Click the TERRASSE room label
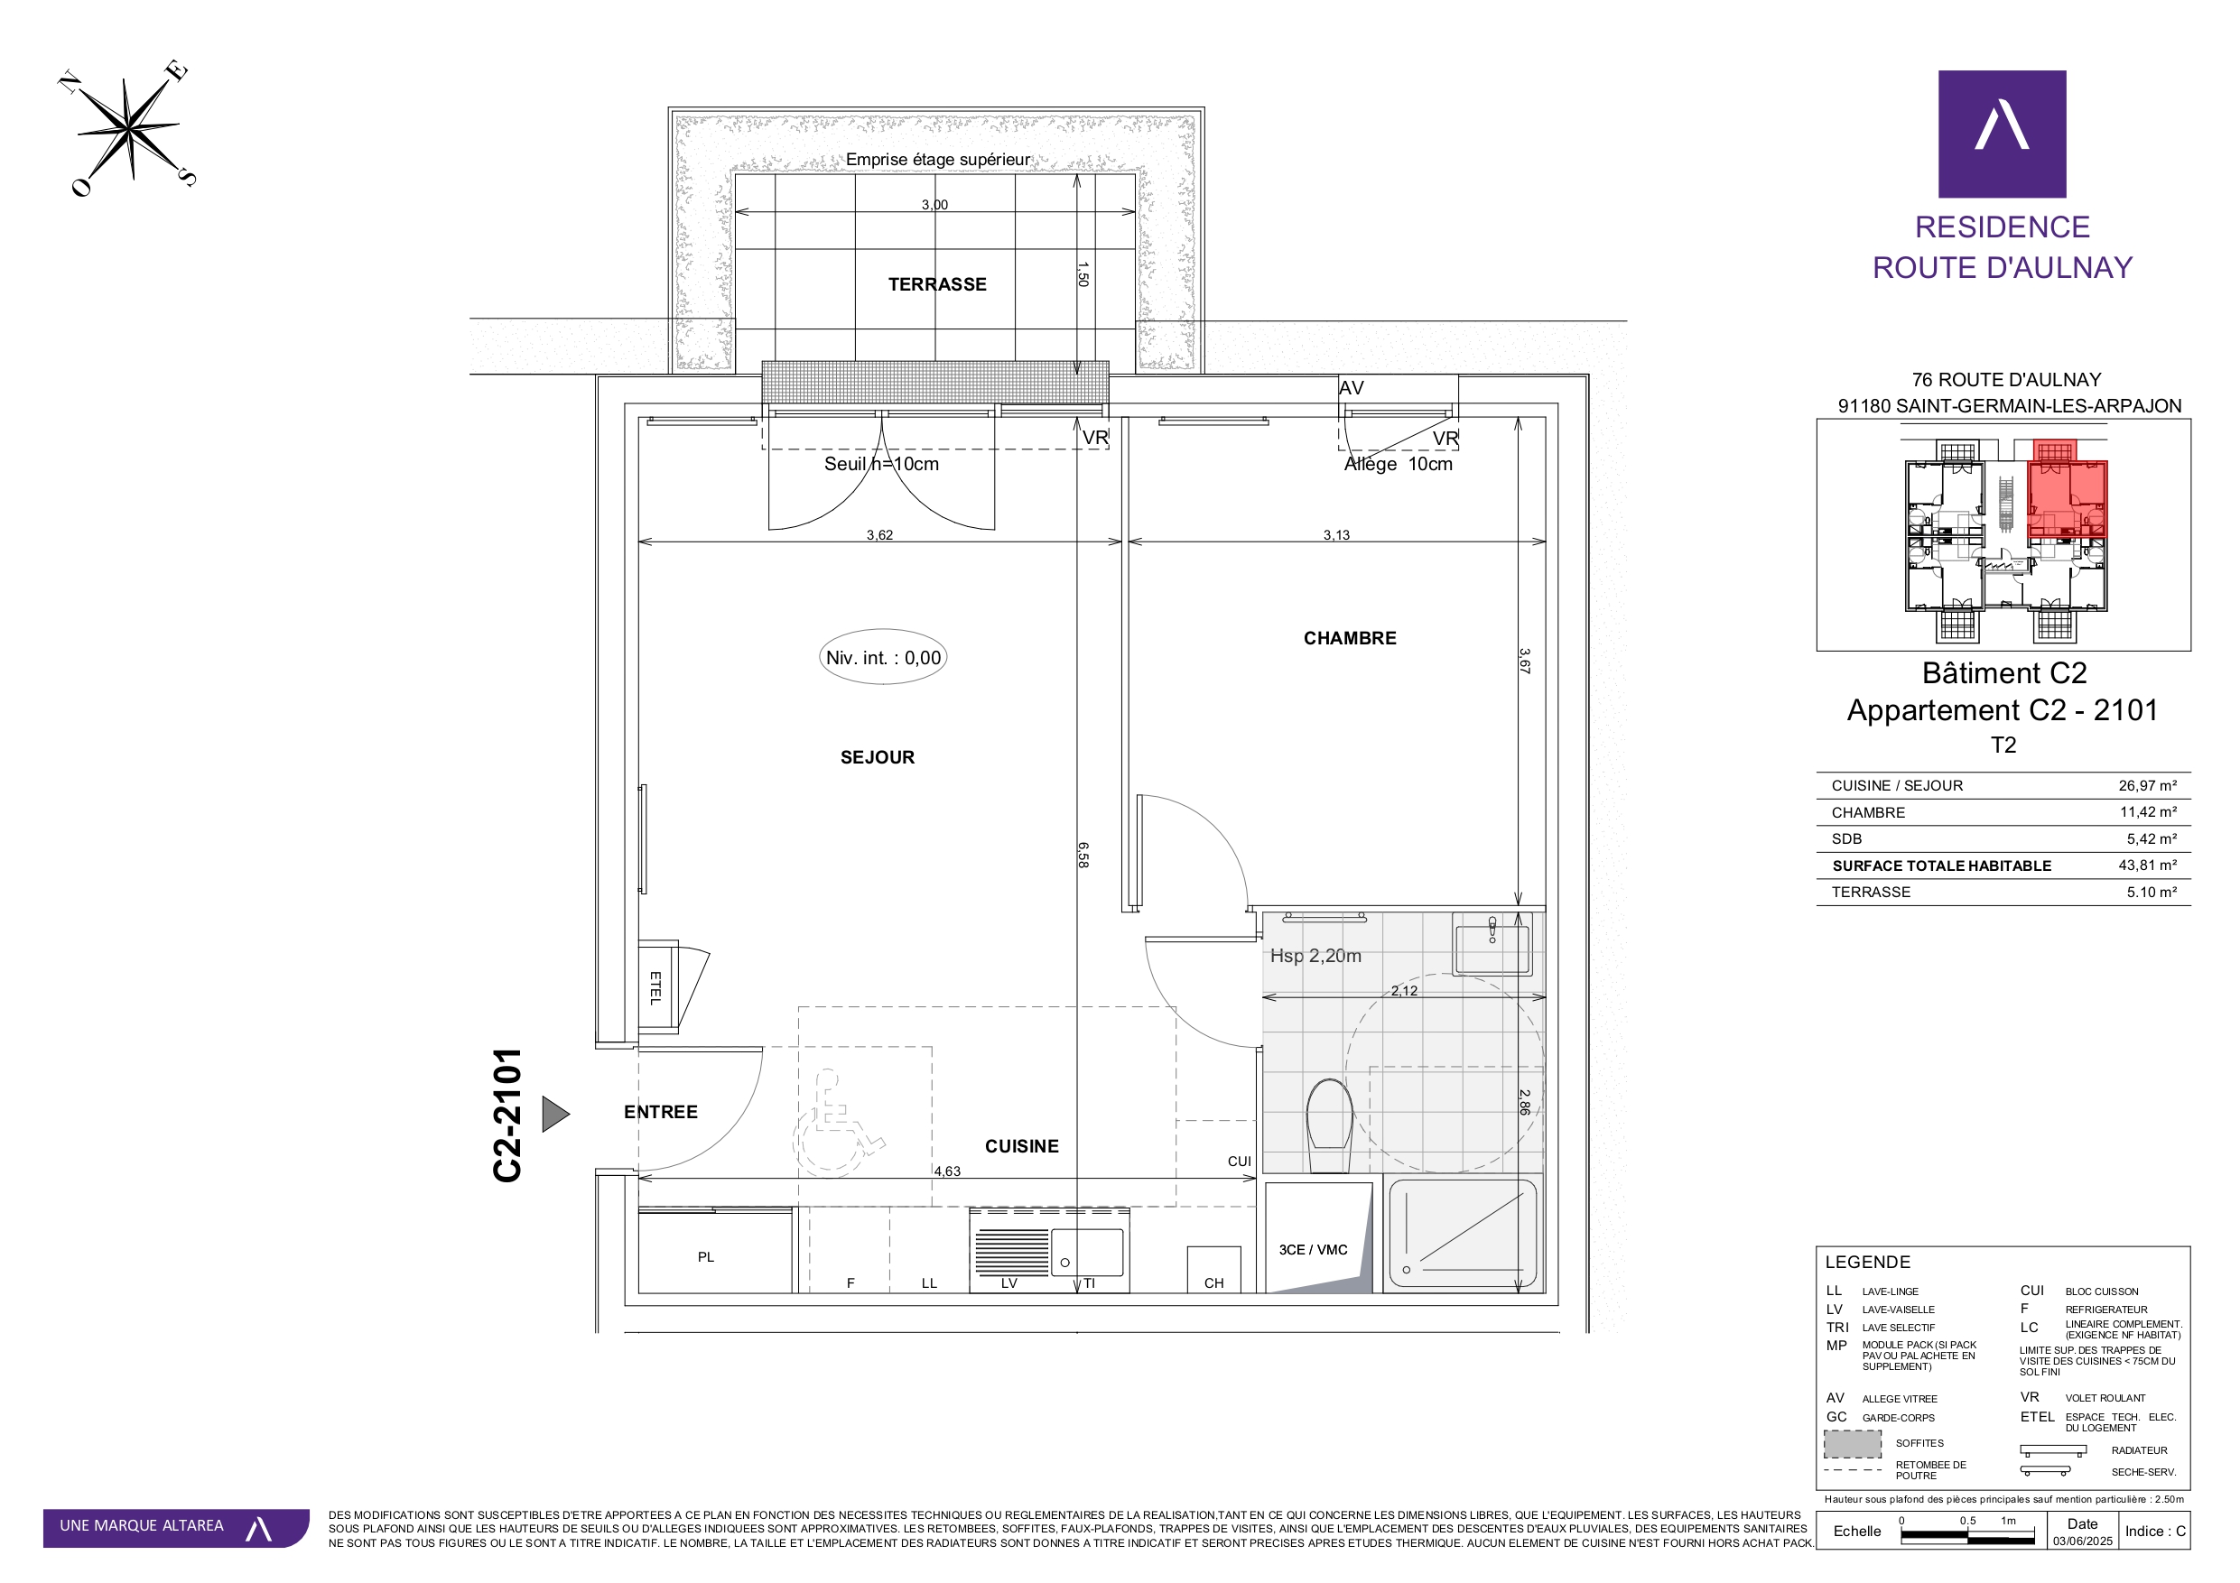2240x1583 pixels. (936, 285)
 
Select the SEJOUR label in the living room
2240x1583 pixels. (877, 758)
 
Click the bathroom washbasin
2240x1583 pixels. (1492, 943)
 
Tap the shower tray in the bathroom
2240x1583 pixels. (1463, 1235)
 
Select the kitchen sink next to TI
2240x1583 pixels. (1087, 1253)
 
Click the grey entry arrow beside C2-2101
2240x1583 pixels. (555, 1114)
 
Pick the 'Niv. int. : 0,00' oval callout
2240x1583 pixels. (883, 657)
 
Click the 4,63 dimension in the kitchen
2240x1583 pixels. (946, 1171)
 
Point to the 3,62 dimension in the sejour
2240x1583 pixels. (879, 534)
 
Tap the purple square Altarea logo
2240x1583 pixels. (2002, 134)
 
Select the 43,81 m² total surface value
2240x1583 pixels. (2147, 866)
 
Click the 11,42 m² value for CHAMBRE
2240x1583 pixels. (2147, 812)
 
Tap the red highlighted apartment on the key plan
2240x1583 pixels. (2068, 498)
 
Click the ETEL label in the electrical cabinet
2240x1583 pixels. (655, 988)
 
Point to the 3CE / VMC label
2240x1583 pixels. (1312, 1249)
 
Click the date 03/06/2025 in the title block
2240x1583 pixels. (2082, 1541)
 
